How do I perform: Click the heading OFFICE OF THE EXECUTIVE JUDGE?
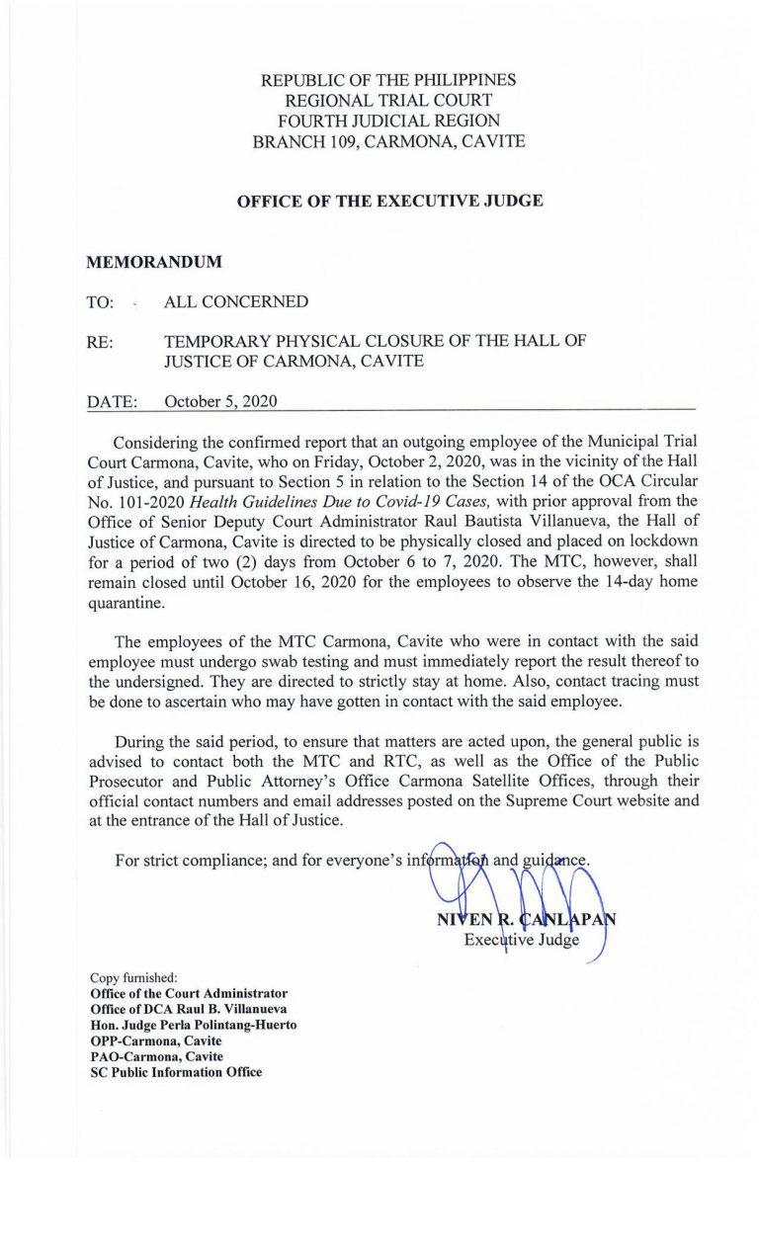coord(389,202)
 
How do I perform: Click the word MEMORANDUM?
coord(154,263)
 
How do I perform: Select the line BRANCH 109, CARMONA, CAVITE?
coord(388,141)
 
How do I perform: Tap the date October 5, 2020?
coord(220,401)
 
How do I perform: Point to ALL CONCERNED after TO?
coord(235,301)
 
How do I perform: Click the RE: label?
coord(100,342)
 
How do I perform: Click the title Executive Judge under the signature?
coord(521,940)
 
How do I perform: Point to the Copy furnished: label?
coord(129,978)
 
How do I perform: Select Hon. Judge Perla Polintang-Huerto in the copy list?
coord(193,1026)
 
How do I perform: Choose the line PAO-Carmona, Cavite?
coord(156,1057)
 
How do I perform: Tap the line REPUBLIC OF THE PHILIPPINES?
coord(388,80)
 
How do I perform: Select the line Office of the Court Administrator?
coord(189,993)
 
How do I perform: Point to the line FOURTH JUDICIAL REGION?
coord(388,121)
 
